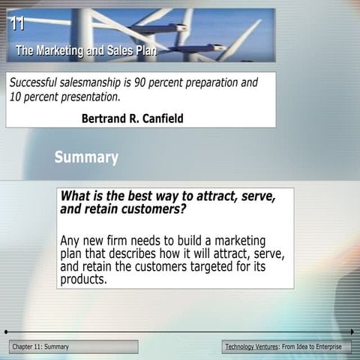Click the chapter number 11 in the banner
[16, 23]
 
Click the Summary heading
[86, 157]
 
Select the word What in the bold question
[75, 196]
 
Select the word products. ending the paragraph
[84, 279]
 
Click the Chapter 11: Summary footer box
[73, 346]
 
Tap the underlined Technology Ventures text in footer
[251, 346]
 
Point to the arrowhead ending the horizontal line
[352, 331]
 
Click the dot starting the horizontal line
[6, 331]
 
